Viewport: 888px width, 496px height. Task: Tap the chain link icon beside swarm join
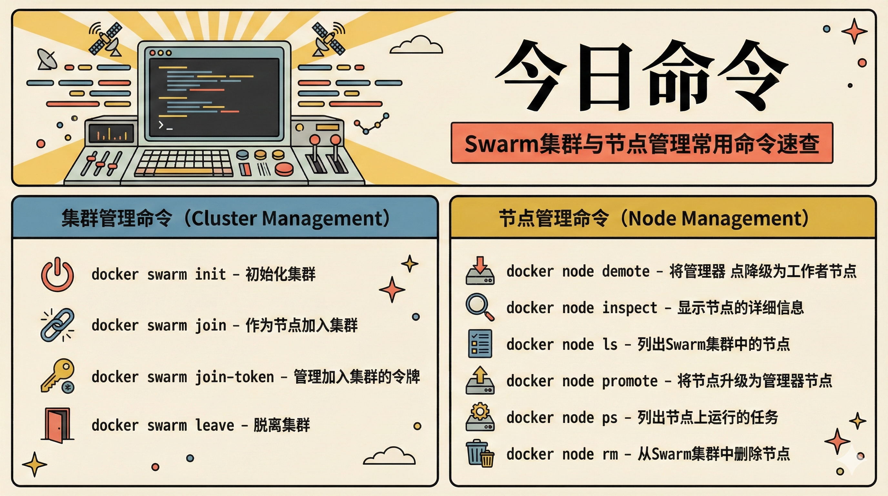pos(57,325)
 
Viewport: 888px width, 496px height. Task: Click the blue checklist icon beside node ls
pos(480,344)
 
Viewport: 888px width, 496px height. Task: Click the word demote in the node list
pos(626,272)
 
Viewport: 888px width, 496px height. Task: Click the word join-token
pos(234,377)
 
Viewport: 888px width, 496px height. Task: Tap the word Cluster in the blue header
pos(224,218)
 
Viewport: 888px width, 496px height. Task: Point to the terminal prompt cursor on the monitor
pos(165,125)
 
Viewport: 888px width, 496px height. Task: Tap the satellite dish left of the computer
pos(47,59)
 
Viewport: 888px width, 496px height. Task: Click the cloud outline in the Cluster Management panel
pos(389,456)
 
